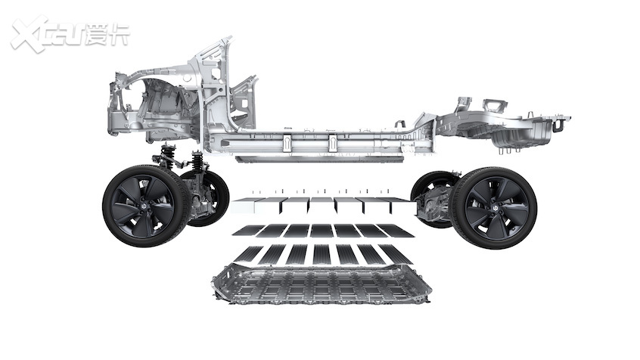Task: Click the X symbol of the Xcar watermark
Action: coord(28,34)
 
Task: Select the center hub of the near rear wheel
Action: coord(495,208)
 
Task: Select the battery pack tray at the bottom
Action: coord(322,284)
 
